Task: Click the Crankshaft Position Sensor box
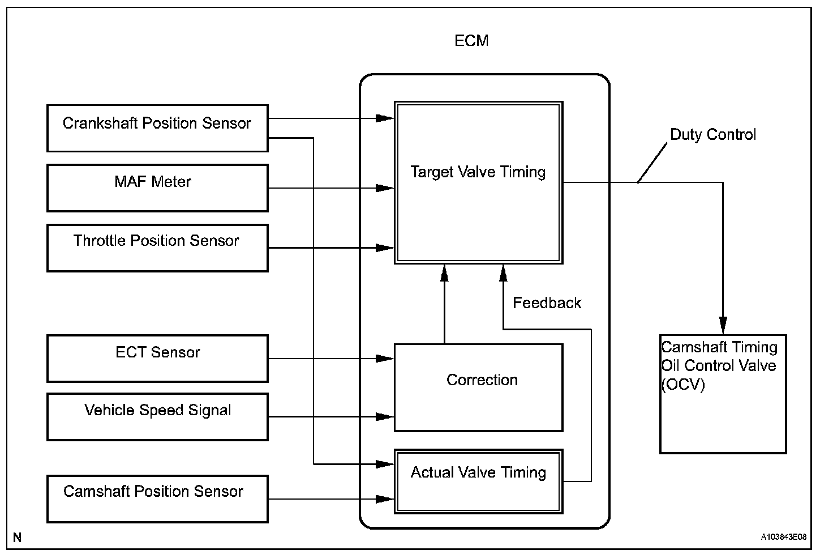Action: [157, 128]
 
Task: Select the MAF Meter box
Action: [157, 188]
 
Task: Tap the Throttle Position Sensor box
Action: [157, 248]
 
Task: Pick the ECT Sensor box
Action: [157, 359]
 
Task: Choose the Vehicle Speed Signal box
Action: [157, 417]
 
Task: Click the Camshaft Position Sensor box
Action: [157, 498]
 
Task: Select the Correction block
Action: [478, 387]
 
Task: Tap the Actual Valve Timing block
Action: [478, 481]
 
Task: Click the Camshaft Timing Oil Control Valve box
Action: [723, 394]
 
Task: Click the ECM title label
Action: [471, 41]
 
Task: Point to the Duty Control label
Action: [713, 135]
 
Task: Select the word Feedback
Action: [547, 303]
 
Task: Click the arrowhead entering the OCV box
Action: [723, 326]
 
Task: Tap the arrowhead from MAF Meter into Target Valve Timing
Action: [386, 188]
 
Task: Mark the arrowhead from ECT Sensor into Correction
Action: [386, 359]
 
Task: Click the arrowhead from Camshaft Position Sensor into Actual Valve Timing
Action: [386, 499]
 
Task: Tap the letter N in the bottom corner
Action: [18, 537]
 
